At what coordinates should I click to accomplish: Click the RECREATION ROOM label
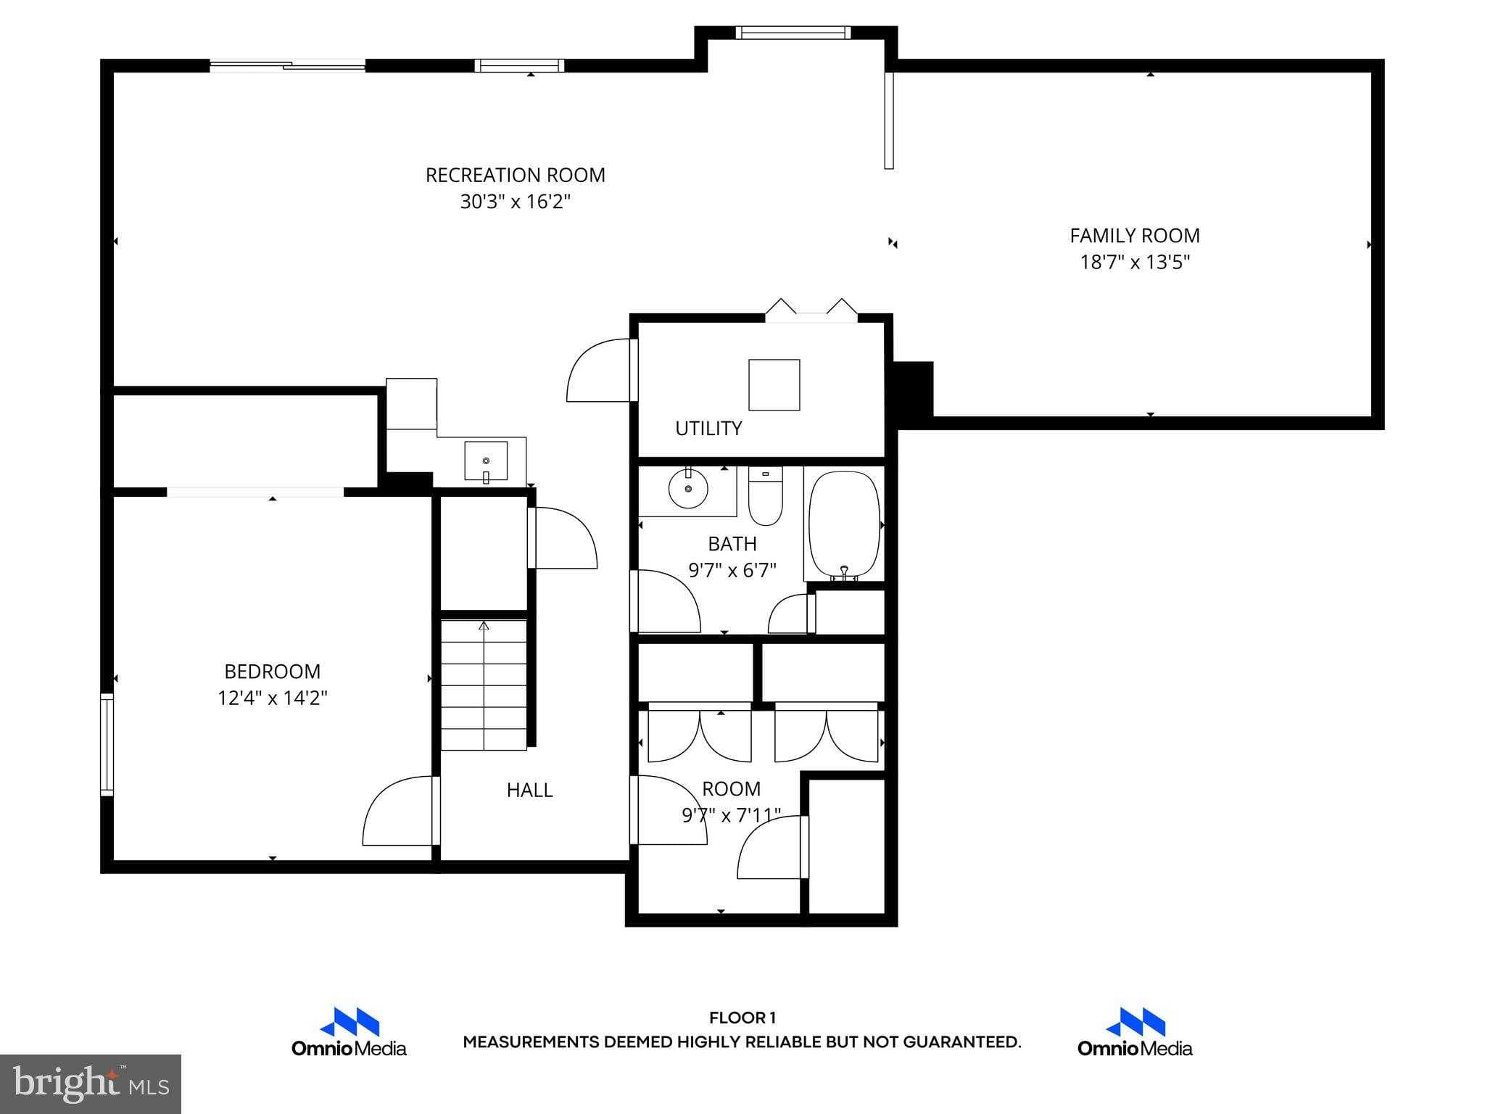click(515, 175)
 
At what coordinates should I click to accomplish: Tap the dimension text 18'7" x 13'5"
click(1135, 262)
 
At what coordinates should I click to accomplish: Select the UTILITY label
click(708, 429)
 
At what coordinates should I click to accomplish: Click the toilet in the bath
click(765, 496)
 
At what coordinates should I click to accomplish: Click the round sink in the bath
click(687, 488)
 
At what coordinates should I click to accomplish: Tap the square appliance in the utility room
click(774, 384)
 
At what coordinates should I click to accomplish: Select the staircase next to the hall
click(484, 685)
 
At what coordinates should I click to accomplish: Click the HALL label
click(529, 790)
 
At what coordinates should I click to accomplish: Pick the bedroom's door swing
click(400, 811)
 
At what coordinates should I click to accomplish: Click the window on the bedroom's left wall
click(107, 744)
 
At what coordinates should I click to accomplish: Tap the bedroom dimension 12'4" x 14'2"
click(272, 698)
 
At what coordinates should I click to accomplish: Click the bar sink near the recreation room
click(485, 461)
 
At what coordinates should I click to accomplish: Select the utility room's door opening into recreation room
click(600, 370)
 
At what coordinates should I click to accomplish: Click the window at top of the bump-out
click(792, 33)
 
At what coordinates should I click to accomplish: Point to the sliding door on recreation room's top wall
click(288, 66)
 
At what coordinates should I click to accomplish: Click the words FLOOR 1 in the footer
click(742, 1018)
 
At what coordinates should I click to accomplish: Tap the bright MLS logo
click(91, 1084)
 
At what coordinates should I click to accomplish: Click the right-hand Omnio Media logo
click(1135, 1032)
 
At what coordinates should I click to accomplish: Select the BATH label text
click(732, 543)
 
